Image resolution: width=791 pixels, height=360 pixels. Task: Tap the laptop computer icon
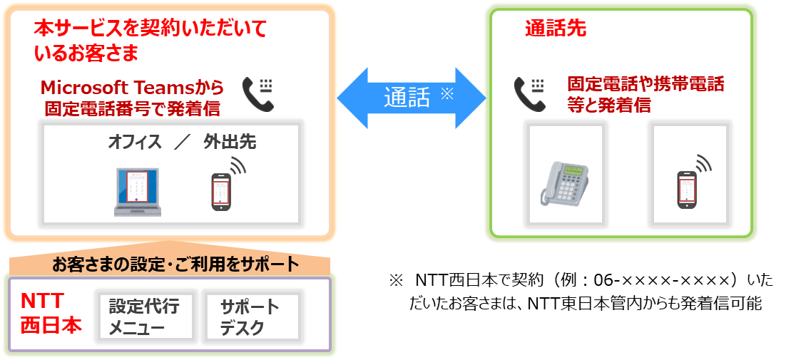point(138,192)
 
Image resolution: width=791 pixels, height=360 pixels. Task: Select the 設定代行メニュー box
point(144,317)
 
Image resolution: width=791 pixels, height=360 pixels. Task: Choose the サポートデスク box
point(250,317)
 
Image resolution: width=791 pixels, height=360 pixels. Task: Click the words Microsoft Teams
point(132,88)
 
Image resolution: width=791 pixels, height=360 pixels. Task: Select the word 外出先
point(229,142)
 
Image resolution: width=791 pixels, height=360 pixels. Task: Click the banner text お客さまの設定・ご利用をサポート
point(175,265)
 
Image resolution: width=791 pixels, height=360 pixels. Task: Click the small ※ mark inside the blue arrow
point(447,93)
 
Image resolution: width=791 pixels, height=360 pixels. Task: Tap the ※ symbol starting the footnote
point(396,279)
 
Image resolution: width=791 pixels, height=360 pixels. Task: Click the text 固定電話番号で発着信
point(132,109)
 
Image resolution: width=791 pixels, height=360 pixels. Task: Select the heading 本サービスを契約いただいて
point(150,29)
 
